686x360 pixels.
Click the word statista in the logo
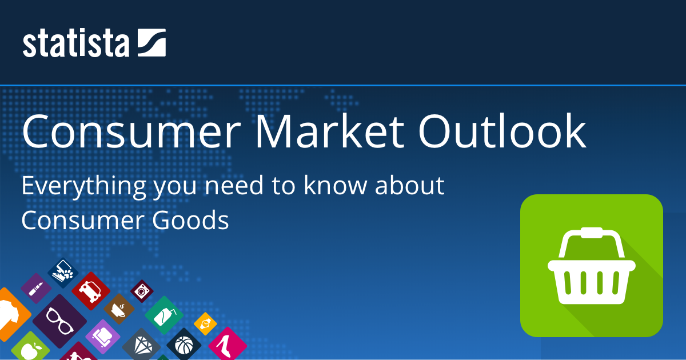[75, 43]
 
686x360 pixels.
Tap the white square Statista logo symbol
[151, 42]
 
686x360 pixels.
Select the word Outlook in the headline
[502, 131]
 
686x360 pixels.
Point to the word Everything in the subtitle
[83, 186]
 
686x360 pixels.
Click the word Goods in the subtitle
[190, 220]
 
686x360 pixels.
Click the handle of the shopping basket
[592, 242]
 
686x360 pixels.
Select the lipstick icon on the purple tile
[36, 289]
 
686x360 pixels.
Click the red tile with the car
[91, 291]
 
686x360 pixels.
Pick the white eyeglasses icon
[60, 321]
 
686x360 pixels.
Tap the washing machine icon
[142, 291]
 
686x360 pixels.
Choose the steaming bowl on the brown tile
[119, 309]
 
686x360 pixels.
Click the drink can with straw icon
[165, 316]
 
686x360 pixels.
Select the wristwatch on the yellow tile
[205, 323]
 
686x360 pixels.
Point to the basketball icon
[184, 345]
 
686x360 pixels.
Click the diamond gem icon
[141, 346]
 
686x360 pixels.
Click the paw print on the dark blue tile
[68, 273]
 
